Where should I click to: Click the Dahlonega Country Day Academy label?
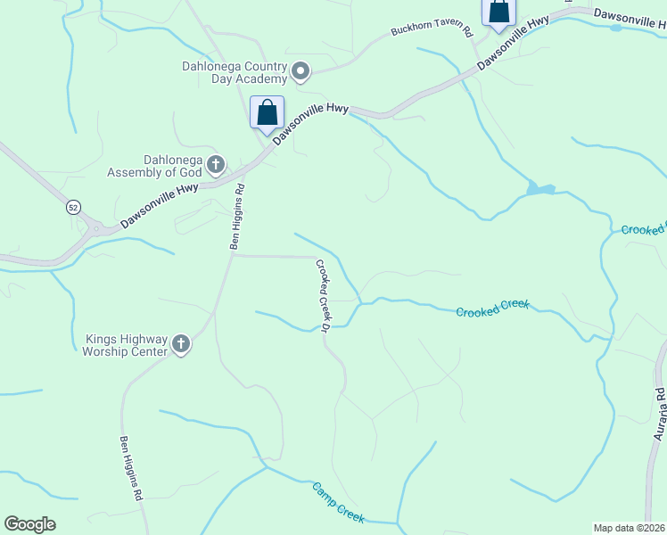tap(234, 72)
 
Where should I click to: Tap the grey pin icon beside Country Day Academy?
tap(301, 71)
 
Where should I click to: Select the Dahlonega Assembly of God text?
tap(153, 166)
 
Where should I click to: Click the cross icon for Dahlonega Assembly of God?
tap(215, 164)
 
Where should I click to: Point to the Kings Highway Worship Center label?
tap(126, 345)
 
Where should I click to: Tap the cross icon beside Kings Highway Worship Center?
tap(181, 344)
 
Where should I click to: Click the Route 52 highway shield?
tap(73, 207)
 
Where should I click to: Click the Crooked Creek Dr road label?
tap(323, 294)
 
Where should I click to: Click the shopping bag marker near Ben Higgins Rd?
tap(267, 113)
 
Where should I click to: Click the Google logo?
tap(29, 524)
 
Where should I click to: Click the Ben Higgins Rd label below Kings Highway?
tap(131, 468)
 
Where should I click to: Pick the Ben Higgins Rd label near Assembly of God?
tap(237, 217)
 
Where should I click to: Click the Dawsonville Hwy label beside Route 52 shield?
tap(160, 206)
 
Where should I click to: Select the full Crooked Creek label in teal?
tap(492, 309)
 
